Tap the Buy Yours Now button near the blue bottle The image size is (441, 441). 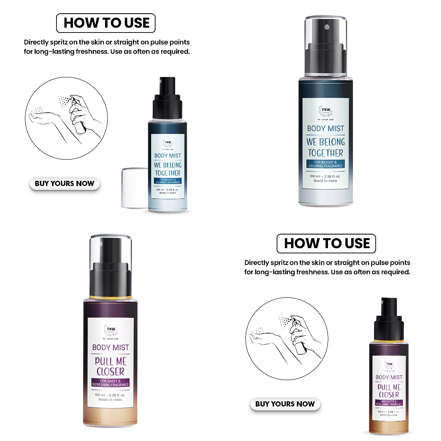point(65,184)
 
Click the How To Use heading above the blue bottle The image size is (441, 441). point(106,23)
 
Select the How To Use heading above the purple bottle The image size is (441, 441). point(326,243)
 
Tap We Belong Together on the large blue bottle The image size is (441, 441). point(326,147)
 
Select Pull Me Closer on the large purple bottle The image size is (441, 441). point(110,366)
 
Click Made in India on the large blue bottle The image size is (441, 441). point(325,181)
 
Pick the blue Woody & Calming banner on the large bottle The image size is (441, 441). point(325,164)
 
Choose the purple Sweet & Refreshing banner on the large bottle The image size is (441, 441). point(110,383)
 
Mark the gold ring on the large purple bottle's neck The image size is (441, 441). point(110,297)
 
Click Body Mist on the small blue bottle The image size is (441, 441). point(168,156)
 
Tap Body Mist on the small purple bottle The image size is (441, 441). point(388,377)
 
